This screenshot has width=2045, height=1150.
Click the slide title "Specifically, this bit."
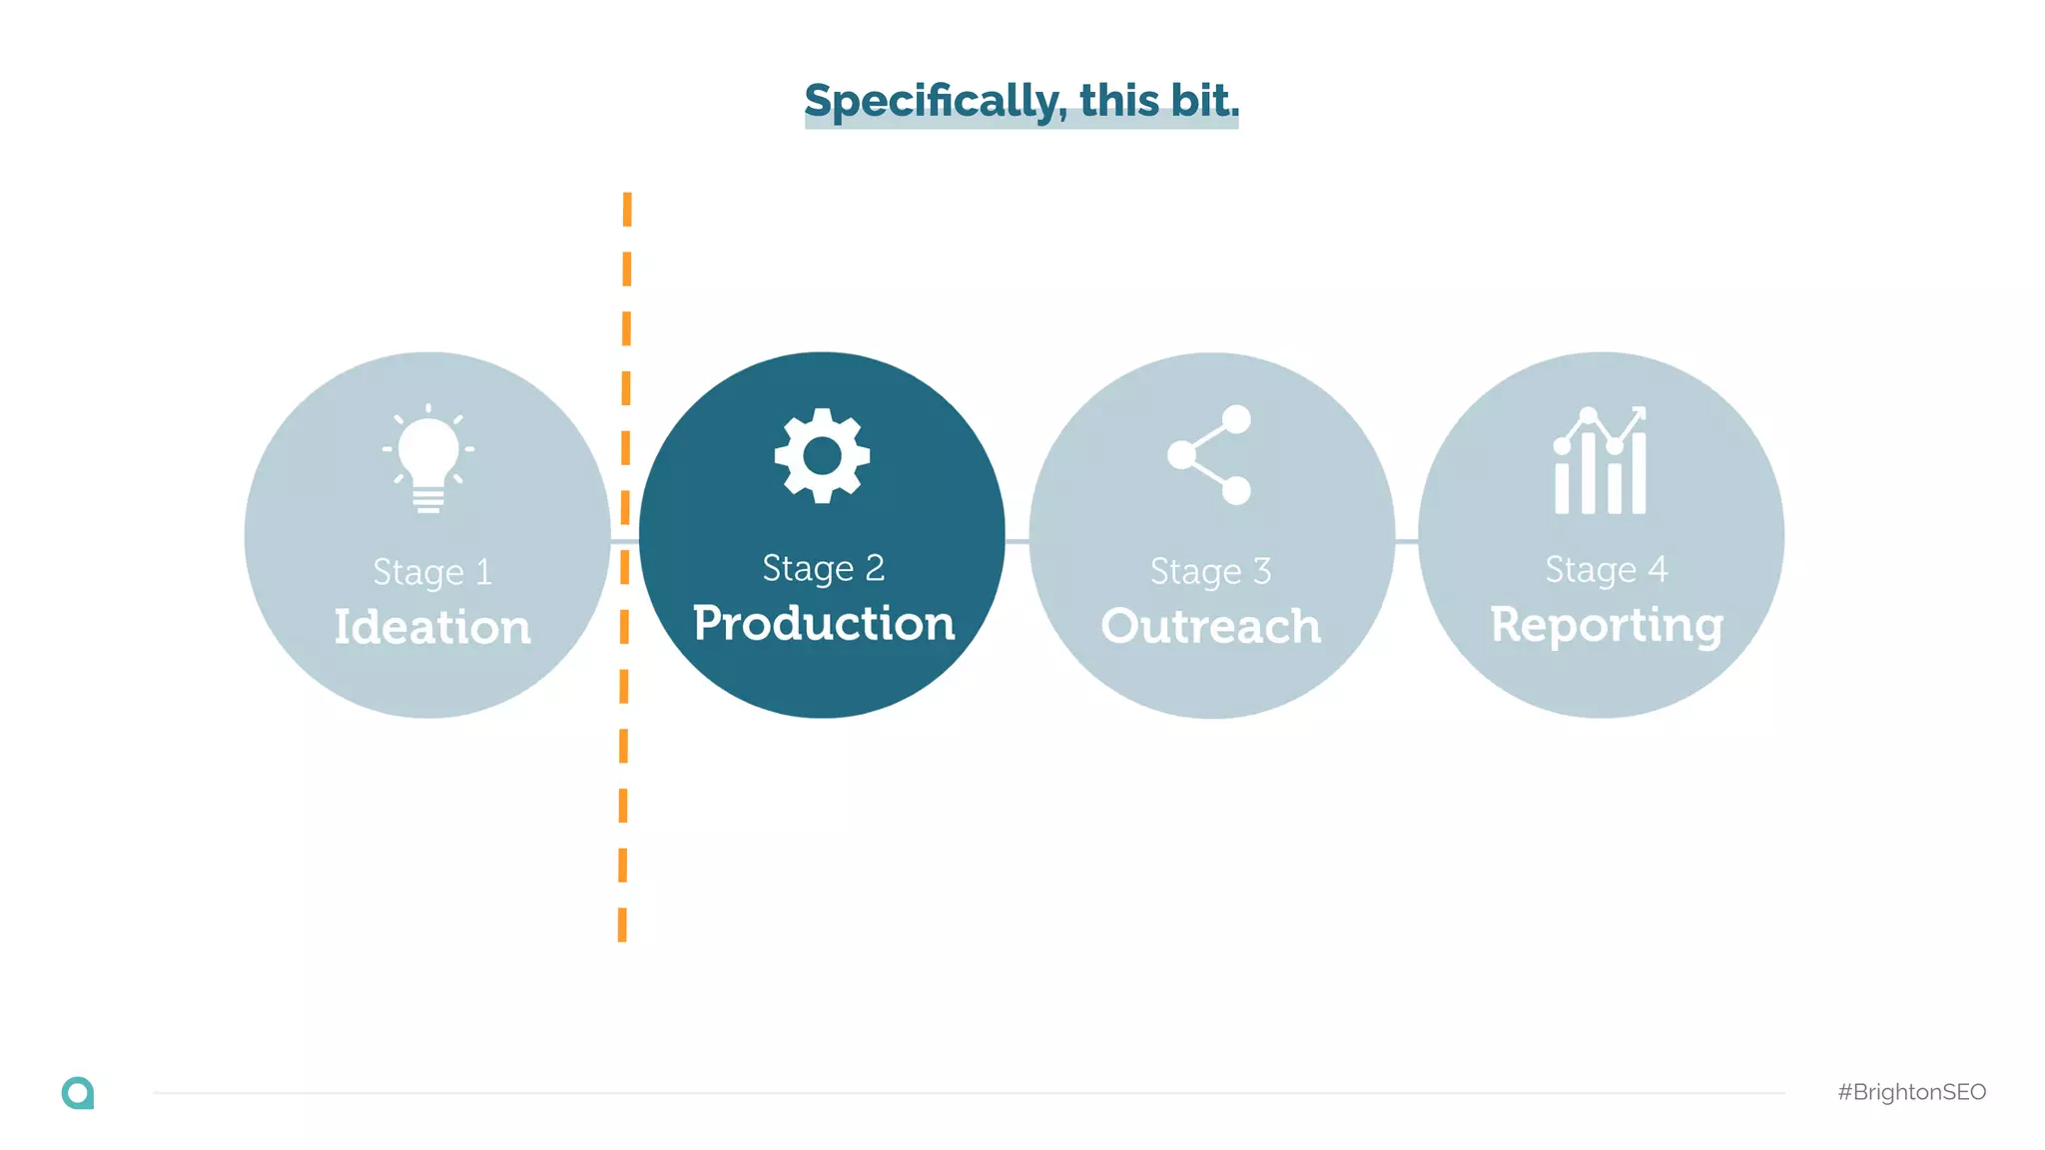tap(1022, 101)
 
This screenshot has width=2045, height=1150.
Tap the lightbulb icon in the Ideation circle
tap(428, 459)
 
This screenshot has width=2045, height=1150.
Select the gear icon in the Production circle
tap(822, 455)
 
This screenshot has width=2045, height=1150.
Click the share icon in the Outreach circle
tap(1210, 455)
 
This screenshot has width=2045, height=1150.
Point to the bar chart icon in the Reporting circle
tap(1600, 461)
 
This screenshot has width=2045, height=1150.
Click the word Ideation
tap(432, 627)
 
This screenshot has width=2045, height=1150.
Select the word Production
tap(824, 623)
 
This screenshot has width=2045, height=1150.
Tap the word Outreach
tap(1210, 626)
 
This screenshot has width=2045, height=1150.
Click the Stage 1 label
tap(432, 572)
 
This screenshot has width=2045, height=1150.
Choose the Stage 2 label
tap(824, 568)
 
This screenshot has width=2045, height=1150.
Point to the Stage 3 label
tap(1210, 571)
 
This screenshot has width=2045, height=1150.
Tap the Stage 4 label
tap(1606, 569)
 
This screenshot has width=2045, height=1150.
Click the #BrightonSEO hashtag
tap(1911, 1092)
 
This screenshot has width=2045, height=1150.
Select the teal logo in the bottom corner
tap(78, 1093)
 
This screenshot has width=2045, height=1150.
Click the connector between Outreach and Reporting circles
tap(1406, 541)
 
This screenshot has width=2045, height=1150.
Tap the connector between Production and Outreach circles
tap(1017, 541)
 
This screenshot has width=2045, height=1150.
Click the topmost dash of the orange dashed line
tap(627, 209)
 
